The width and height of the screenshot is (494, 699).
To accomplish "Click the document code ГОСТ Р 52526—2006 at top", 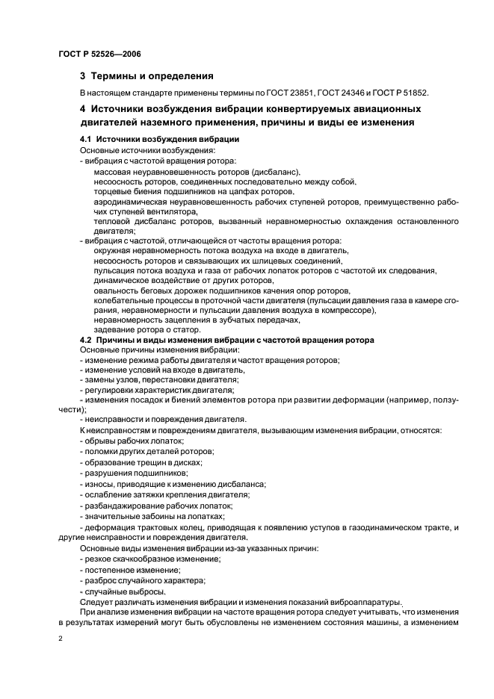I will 99,55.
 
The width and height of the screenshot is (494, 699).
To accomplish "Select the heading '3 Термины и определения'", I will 146,75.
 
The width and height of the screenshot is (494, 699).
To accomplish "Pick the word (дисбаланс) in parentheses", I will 276,172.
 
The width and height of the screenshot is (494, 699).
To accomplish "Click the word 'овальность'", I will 117,291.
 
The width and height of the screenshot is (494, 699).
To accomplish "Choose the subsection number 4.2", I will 86,340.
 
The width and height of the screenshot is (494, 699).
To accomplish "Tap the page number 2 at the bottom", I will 61,640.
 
